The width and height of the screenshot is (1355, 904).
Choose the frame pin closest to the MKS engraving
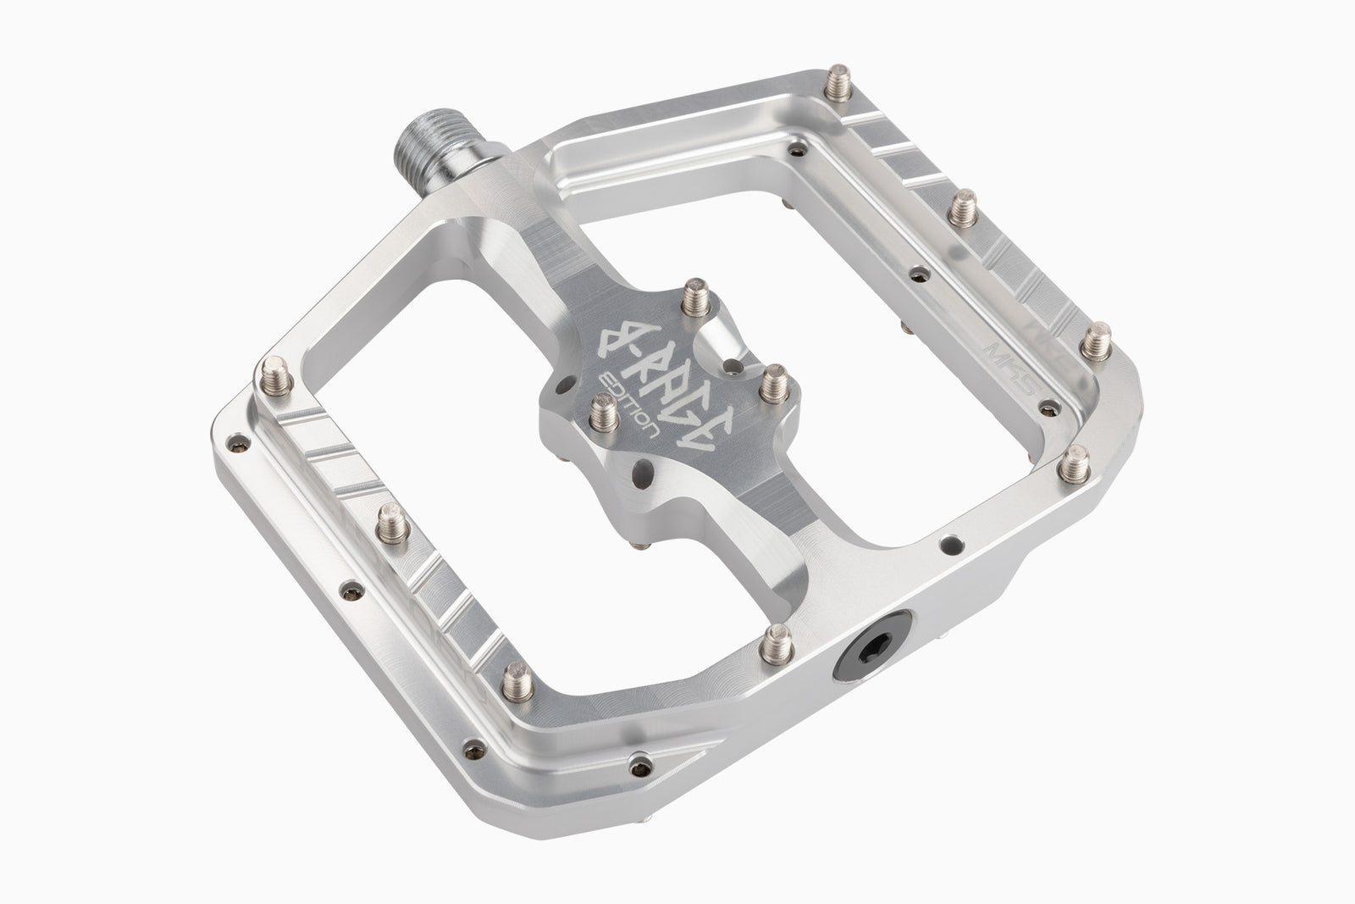pos(1103,339)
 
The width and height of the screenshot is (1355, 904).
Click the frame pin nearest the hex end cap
pos(774,640)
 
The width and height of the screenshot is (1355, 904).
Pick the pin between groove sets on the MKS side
pos(961,207)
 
